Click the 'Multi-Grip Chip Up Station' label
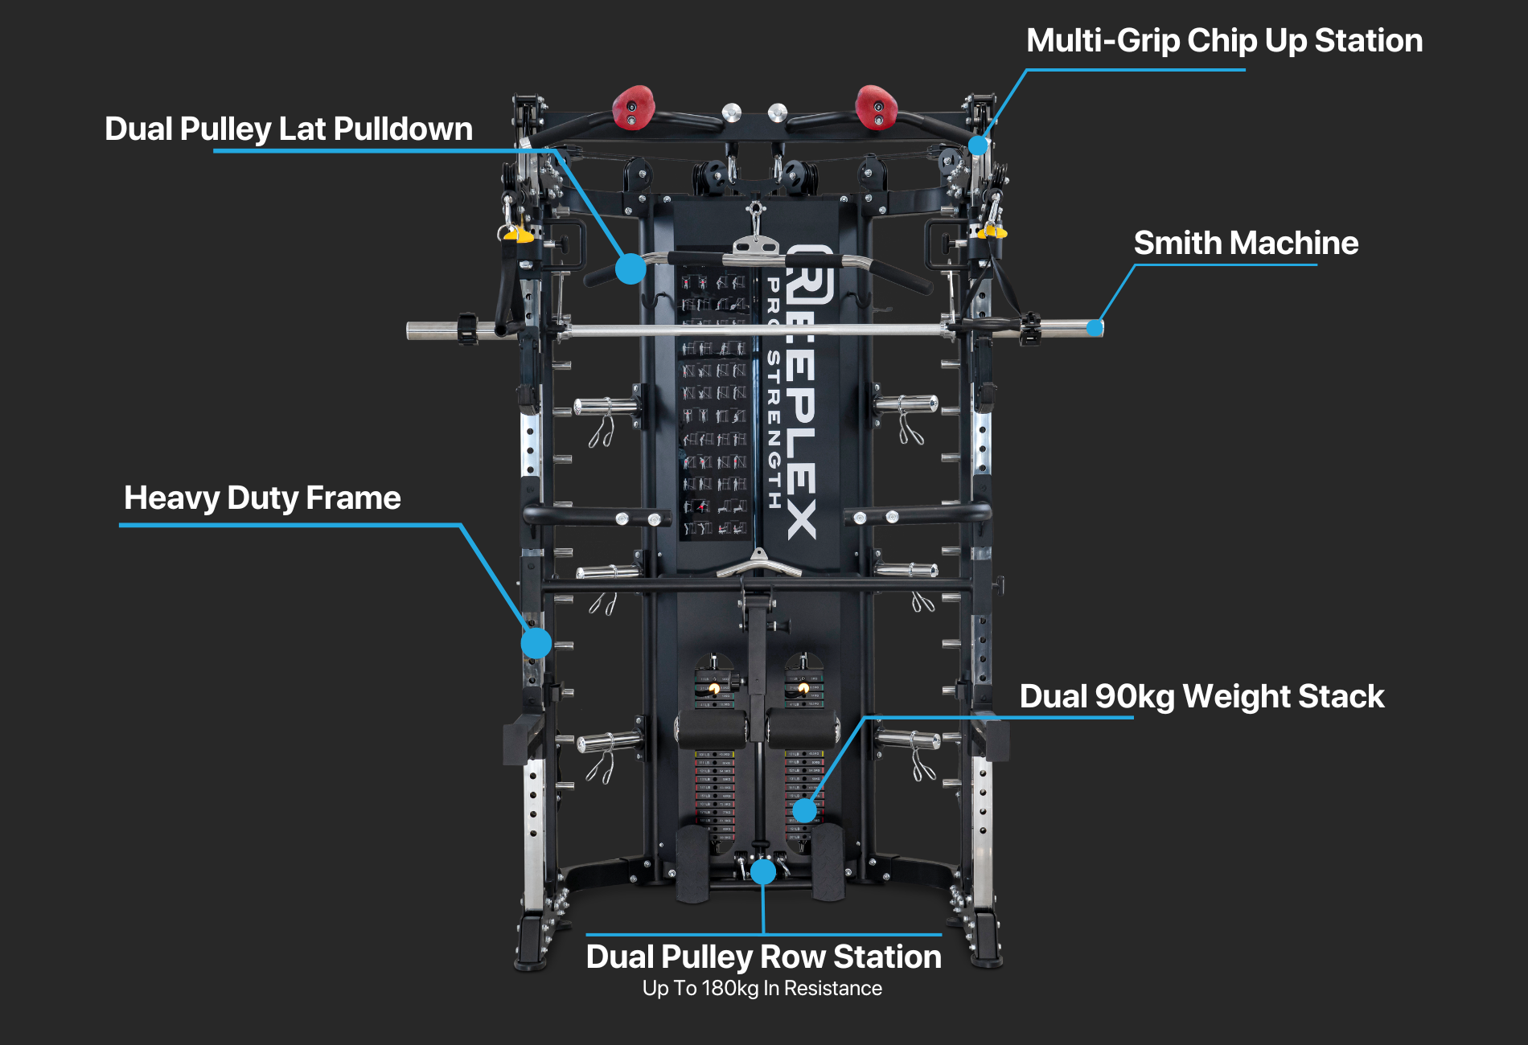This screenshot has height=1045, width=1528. (x=1224, y=41)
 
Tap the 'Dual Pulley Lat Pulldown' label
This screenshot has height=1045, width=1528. (x=289, y=129)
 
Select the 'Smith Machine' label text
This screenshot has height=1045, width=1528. (x=1246, y=243)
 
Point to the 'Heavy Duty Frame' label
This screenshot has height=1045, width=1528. (x=262, y=498)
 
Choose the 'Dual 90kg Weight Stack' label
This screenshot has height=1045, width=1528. (x=1201, y=696)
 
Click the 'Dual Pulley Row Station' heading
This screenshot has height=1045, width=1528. (x=763, y=957)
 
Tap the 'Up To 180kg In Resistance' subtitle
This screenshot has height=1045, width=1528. (x=762, y=988)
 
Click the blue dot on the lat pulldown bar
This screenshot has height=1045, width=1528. (x=631, y=268)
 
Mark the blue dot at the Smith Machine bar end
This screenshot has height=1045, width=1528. (x=1095, y=328)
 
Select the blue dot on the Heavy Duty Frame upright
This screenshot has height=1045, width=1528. (x=536, y=643)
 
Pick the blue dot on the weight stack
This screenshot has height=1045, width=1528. (x=804, y=810)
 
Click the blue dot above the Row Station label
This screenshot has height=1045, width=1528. (x=763, y=871)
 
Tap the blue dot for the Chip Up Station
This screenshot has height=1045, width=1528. (x=978, y=145)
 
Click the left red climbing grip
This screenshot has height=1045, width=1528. (x=634, y=107)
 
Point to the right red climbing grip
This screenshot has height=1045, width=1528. (x=876, y=106)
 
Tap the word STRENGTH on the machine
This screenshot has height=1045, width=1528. (x=774, y=429)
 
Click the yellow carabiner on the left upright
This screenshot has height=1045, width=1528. (x=518, y=235)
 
